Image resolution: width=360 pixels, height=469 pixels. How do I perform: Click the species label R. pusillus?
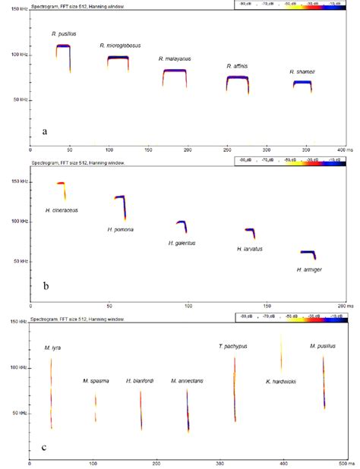tap(64, 34)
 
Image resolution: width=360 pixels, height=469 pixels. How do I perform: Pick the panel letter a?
tap(45, 131)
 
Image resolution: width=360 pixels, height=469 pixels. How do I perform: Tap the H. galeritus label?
tap(183, 243)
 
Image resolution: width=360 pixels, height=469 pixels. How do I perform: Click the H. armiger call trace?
tap(307, 252)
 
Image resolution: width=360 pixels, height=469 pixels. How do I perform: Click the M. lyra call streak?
tap(52, 383)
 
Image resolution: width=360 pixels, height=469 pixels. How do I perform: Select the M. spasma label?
tap(95, 380)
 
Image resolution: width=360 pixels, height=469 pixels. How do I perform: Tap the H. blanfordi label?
tap(140, 380)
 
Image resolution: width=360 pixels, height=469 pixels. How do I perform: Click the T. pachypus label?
tap(233, 346)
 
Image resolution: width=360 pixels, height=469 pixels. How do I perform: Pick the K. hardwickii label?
tap(281, 381)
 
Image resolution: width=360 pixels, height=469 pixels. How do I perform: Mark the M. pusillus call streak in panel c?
tap(324, 379)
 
